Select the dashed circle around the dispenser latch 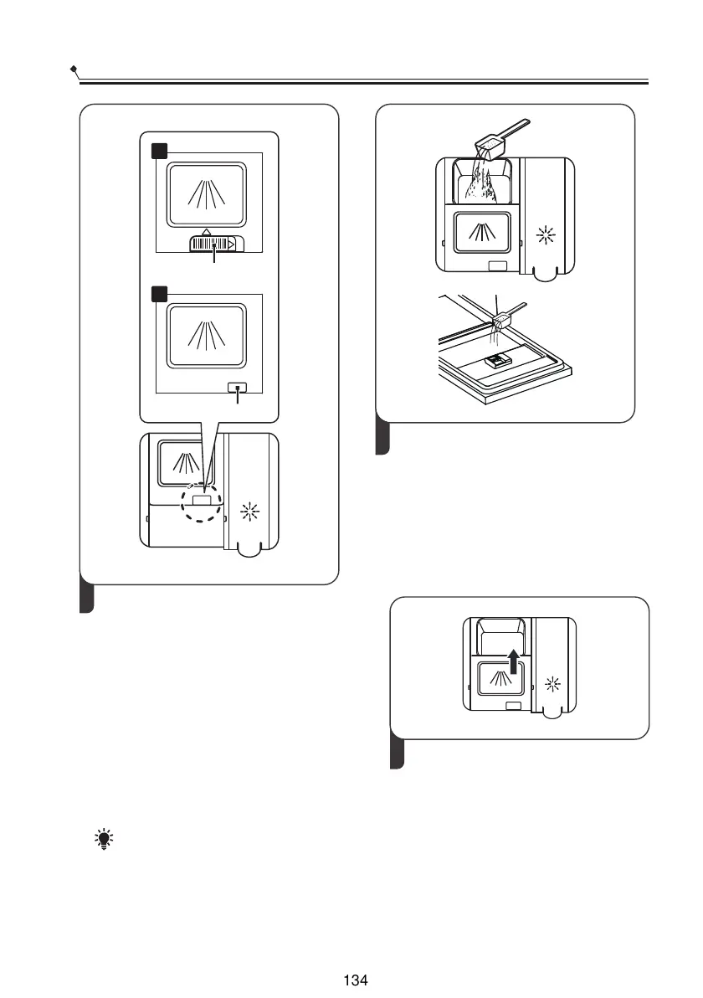pyautogui.click(x=203, y=503)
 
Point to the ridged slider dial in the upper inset pyautogui.click(x=207, y=244)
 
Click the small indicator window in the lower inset pyautogui.click(x=239, y=388)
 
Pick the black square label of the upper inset pyautogui.click(x=159, y=151)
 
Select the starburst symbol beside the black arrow pyautogui.click(x=551, y=685)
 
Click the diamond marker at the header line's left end pyautogui.click(x=74, y=67)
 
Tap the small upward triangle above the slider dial pyautogui.click(x=208, y=231)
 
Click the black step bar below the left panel pyautogui.click(x=86, y=596)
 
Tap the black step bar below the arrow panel pyautogui.click(x=398, y=753)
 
